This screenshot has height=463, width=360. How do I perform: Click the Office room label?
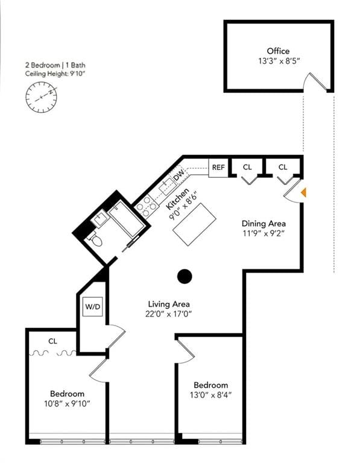click(278, 51)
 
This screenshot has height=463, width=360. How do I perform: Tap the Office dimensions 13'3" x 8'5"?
click(278, 60)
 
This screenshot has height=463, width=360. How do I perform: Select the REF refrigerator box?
click(218, 167)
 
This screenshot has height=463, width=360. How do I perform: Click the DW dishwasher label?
click(178, 176)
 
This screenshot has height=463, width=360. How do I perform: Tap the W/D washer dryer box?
click(93, 307)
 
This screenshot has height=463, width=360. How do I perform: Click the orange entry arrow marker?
click(304, 192)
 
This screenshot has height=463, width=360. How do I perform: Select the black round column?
click(185, 277)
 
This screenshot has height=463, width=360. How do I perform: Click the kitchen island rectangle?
click(194, 224)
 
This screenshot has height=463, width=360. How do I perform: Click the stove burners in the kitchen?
click(146, 208)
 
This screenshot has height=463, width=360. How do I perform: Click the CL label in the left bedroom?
click(53, 341)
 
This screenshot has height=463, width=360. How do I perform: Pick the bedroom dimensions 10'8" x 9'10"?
click(67, 403)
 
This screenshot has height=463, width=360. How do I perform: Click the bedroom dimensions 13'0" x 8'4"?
click(210, 395)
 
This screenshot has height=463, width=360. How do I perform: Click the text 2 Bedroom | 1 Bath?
click(51, 64)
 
